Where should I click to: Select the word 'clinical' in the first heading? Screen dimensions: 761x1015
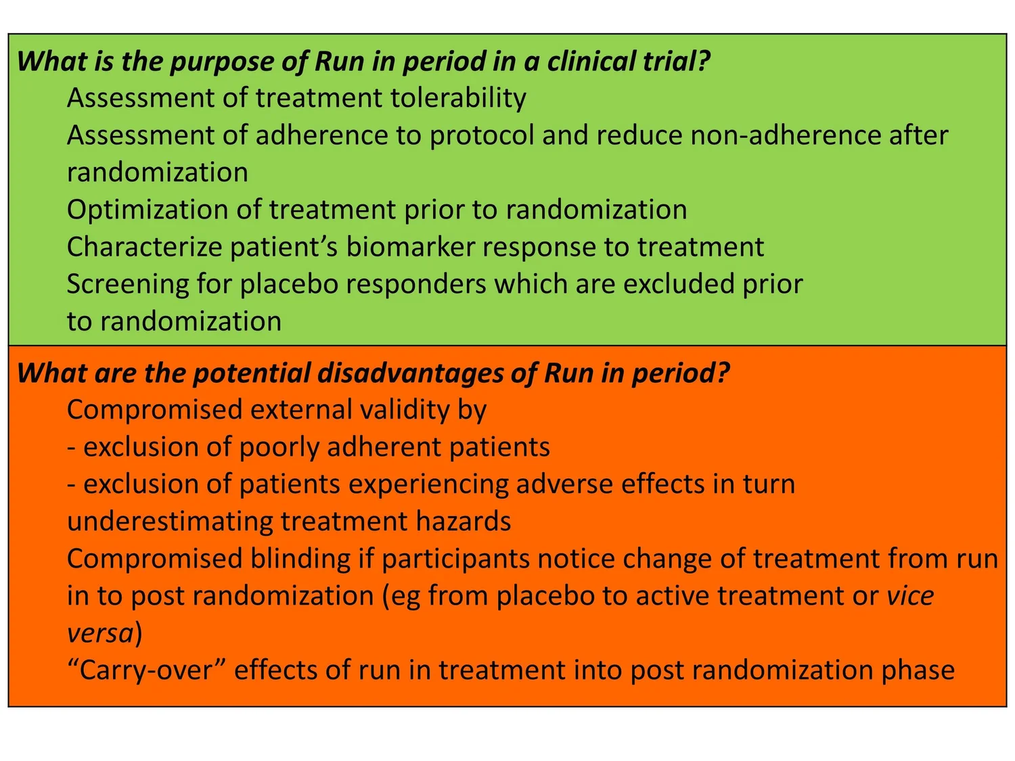click(597, 61)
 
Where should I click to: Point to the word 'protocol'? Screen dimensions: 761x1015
click(482, 136)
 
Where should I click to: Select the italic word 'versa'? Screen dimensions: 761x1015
click(100, 633)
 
